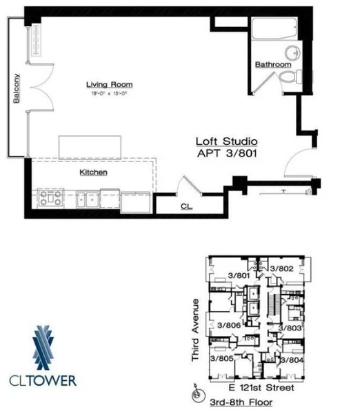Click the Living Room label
click(x=109, y=85)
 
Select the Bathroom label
click(x=273, y=64)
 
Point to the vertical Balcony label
click(x=15, y=88)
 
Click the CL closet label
click(x=186, y=205)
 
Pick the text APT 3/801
click(x=227, y=155)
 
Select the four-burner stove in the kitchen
click(x=52, y=198)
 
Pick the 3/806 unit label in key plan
click(x=229, y=324)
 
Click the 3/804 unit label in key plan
click(x=290, y=359)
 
